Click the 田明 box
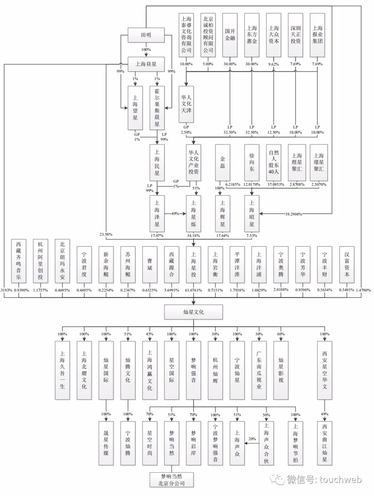(146, 35)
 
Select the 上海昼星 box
(146, 64)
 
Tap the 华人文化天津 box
(186, 104)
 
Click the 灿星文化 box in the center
(193, 312)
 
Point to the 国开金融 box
(230, 35)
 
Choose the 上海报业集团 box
(318, 35)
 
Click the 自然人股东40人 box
(274, 162)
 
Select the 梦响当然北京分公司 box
(171, 480)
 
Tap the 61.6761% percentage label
(193, 290)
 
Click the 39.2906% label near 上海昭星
(293, 214)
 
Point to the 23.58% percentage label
(106, 234)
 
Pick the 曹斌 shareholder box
(150, 264)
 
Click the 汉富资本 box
(347, 264)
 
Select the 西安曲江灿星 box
(324, 443)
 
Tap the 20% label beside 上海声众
(252, 439)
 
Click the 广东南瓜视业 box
(259, 370)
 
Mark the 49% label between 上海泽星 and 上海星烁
(175, 214)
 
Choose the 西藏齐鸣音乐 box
(18, 261)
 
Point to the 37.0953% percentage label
(274, 184)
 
